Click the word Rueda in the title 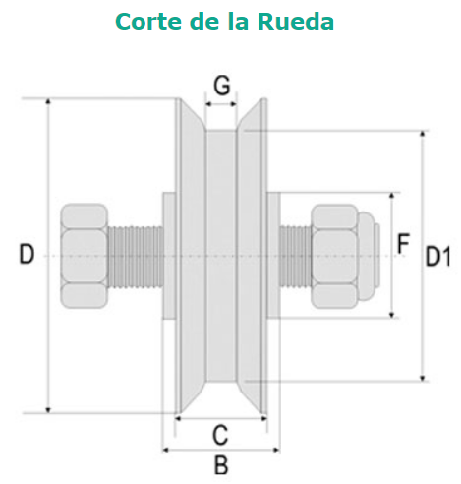pos(296,22)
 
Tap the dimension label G pos(222,86)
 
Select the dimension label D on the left pos(27,254)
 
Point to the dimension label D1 pos(437,256)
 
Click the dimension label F pos(403,243)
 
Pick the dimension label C pos(220,435)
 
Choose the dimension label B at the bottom pos(221,464)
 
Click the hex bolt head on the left pos(85,256)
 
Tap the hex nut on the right pos(334,257)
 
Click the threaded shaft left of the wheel pos(136,256)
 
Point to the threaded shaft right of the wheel pos(295,257)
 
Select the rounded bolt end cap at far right pos(369,256)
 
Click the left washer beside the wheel pos(169,256)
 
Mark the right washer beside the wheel pos(273,256)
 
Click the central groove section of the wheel pos(221,256)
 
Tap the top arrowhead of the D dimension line pos(48,101)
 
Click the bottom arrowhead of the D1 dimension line pos(423,379)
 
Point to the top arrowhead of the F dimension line pos(392,196)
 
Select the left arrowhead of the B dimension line pos(166,450)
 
